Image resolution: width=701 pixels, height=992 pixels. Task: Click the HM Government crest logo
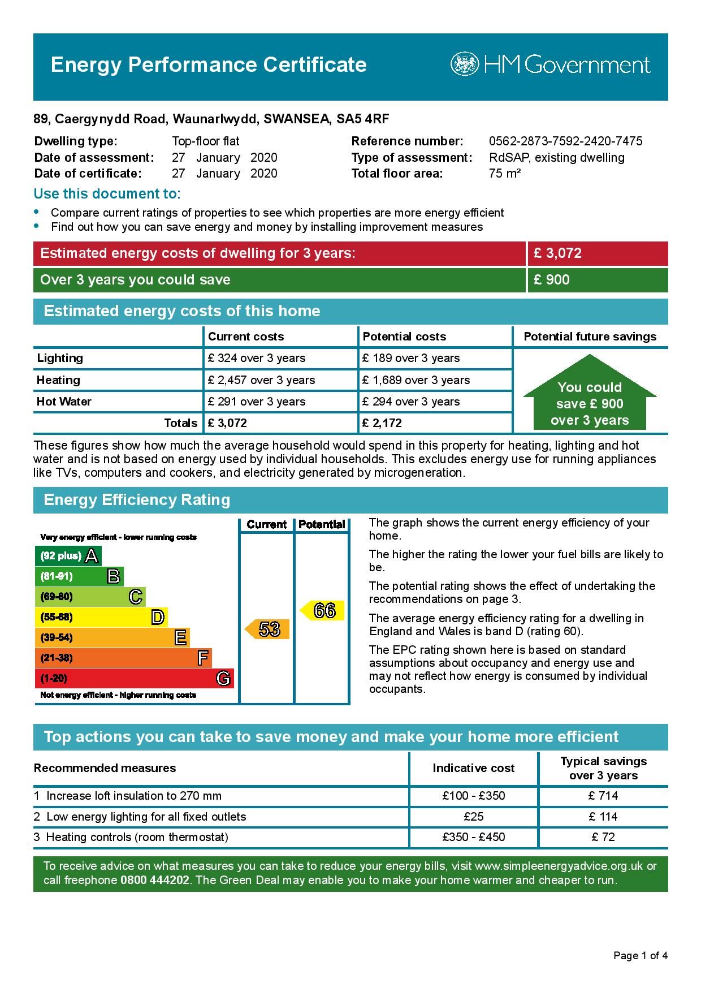tap(464, 64)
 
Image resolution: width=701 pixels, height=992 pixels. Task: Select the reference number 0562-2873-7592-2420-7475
tap(565, 141)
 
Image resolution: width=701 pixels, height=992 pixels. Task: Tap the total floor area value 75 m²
tap(504, 174)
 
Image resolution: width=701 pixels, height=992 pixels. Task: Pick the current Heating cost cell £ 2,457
tap(261, 380)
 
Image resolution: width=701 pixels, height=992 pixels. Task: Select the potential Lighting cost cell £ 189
tap(411, 358)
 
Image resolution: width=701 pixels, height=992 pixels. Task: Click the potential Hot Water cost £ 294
tap(411, 402)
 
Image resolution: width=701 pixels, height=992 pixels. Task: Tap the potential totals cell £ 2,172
tap(382, 423)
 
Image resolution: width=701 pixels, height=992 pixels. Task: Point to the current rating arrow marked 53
tap(267, 629)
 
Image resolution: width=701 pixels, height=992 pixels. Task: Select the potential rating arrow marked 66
tap(322, 611)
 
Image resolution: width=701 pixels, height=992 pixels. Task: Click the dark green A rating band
tap(68, 556)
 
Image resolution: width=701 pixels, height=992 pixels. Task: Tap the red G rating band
tap(134, 678)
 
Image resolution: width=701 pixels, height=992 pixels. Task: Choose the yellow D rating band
tap(101, 617)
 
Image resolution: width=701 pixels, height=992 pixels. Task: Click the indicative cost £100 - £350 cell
tap(473, 796)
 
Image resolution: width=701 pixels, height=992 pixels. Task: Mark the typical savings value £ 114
tap(603, 817)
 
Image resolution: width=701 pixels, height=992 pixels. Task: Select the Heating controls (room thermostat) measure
tap(137, 837)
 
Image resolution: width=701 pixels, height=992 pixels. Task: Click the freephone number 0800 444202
tap(154, 881)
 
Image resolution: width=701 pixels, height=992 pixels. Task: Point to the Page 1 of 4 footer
tap(641, 956)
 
